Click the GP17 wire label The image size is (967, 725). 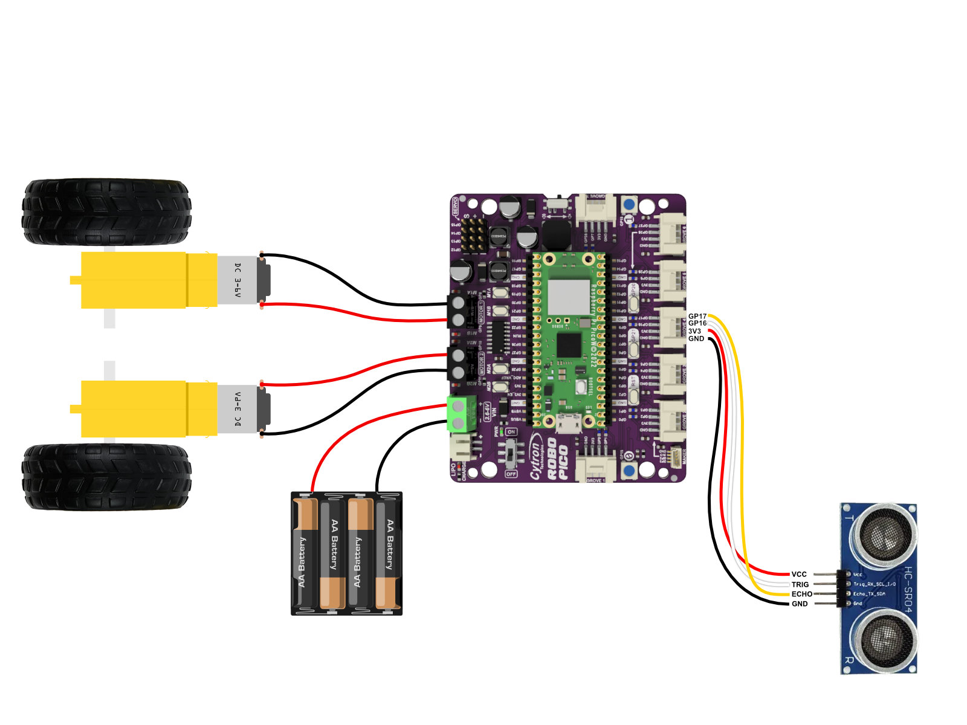[x=697, y=317]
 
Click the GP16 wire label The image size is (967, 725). [x=697, y=324]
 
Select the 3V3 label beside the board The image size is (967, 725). [x=694, y=331]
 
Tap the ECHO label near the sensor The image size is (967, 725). [x=801, y=594]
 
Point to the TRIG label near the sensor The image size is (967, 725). [x=800, y=584]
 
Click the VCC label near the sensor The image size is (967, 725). [x=798, y=575]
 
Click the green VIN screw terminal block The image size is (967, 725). [x=459, y=414]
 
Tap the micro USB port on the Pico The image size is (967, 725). [x=568, y=425]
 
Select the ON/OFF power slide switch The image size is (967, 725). [x=511, y=453]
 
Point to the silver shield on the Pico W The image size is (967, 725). [x=568, y=297]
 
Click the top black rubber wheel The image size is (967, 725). [x=106, y=211]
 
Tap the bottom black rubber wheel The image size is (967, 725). [x=106, y=477]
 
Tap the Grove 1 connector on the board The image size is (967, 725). [x=595, y=468]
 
